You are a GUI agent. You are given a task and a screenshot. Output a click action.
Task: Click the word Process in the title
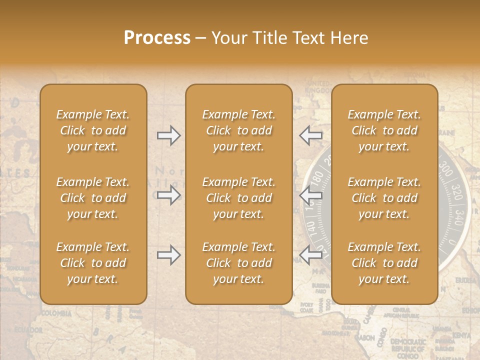coord(157,38)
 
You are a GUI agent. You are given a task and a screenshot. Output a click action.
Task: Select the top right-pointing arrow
coord(168,135)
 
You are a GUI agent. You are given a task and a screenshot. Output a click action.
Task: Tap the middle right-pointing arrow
coord(168,194)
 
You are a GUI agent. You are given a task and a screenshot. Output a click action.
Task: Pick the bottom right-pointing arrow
coord(168,255)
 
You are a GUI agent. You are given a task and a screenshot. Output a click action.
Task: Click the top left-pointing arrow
coord(311,135)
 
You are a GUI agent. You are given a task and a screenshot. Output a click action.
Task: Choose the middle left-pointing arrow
coord(311,194)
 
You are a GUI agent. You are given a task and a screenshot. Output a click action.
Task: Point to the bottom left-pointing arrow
coord(311,255)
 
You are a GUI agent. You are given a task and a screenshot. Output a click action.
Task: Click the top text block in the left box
coord(93,130)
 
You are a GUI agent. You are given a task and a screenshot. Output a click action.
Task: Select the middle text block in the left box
coord(93,198)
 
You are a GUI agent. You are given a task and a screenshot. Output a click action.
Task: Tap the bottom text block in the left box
coord(93,263)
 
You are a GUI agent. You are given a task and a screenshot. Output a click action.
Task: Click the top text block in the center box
coord(238,130)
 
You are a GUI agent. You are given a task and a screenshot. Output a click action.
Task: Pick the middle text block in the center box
coord(238,198)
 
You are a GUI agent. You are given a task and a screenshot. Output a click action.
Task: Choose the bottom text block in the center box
coord(238,263)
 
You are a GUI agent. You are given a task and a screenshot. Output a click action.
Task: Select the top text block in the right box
coord(384,130)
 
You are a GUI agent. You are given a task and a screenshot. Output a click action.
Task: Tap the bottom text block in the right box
coord(384,263)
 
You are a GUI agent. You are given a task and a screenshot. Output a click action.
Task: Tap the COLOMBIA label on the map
coord(56,314)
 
